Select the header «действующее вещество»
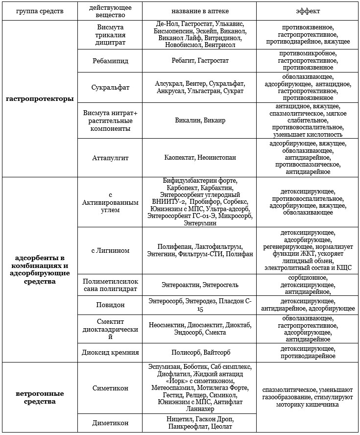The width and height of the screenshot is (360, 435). click(110, 10)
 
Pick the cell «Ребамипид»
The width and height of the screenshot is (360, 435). click(110, 60)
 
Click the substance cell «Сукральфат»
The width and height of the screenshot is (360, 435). click(110, 88)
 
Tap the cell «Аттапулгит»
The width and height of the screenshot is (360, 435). click(110, 158)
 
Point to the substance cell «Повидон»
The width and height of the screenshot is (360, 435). click(110, 304)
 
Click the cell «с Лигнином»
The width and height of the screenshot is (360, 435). click(110, 250)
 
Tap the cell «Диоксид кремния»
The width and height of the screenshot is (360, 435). click(110, 352)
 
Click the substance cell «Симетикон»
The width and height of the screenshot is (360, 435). click(110, 388)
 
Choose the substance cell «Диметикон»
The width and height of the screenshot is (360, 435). click(110, 423)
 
